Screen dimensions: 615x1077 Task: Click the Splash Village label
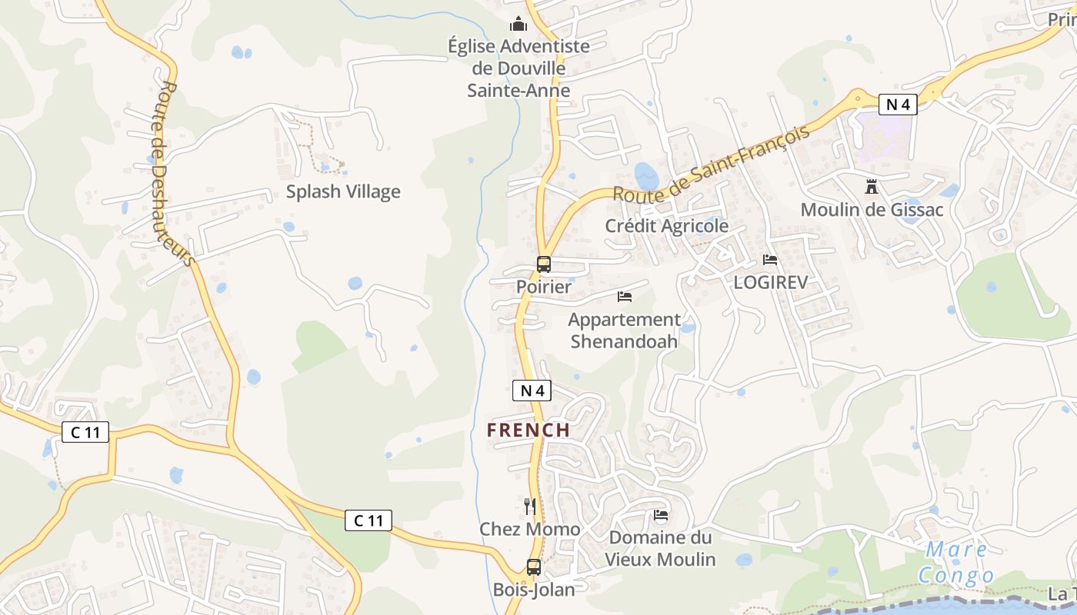(x=343, y=191)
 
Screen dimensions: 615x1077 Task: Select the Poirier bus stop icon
(x=544, y=264)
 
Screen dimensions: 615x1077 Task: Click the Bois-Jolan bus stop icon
(x=533, y=567)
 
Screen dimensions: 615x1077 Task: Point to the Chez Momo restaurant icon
(x=529, y=506)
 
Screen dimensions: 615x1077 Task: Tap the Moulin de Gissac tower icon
(x=872, y=186)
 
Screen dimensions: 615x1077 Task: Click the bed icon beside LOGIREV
(x=770, y=259)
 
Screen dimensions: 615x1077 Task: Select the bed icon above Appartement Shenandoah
(x=625, y=296)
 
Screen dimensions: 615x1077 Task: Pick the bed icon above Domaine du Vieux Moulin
(x=660, y=514)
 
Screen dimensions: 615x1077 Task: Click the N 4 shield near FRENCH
(x=532, y=391)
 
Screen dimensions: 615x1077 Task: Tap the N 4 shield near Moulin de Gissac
(x=898, y=105)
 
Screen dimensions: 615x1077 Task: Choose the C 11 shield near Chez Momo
(x=368, y=520)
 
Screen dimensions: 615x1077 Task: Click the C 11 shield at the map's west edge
(x=85, y=432)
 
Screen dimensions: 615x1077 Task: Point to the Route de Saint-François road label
(x=712, y=164)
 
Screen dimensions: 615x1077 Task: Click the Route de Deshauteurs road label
(x=175, y=174)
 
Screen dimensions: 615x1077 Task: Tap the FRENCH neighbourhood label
(x=528, y=430)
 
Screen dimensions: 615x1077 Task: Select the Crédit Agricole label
(x=666, y=226)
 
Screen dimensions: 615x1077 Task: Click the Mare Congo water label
(x=956, y=563)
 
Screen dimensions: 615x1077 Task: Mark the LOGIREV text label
(x=770, y=282)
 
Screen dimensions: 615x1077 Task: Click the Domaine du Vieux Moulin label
(x=661, y=548)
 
